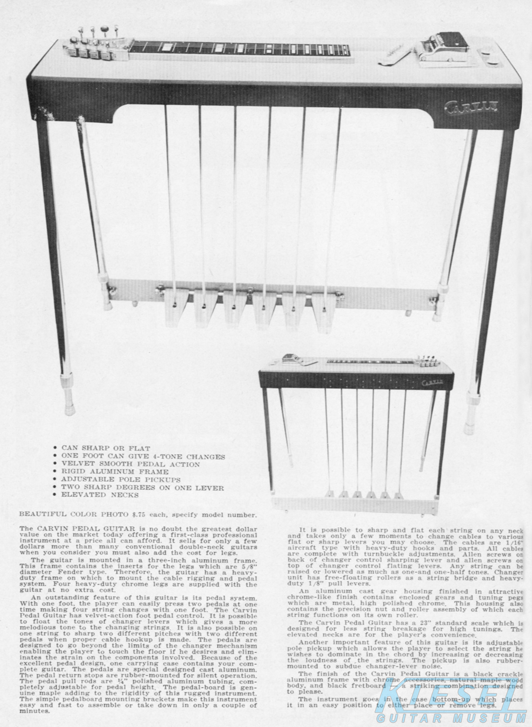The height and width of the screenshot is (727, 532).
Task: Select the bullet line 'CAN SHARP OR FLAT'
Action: (106, 448)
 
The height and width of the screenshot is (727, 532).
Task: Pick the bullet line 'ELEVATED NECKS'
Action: (100, 495)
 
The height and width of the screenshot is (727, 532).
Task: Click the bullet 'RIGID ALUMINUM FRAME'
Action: (115, 472)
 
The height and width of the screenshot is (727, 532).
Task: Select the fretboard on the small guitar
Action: (370, 361)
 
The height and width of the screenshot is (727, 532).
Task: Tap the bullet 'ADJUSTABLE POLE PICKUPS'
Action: (121, 479)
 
